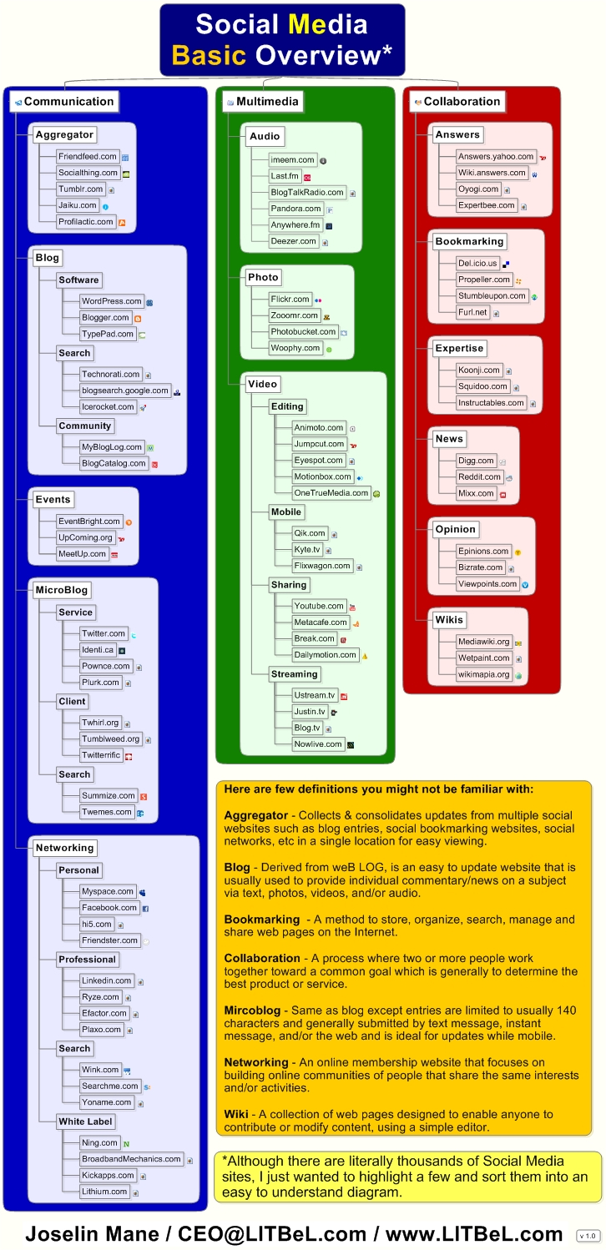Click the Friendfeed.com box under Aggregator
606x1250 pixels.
coord(88,157)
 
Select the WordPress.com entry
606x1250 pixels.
coord(112,301)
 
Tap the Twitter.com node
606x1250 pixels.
coord(104,633)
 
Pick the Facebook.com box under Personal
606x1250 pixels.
coord(109,908)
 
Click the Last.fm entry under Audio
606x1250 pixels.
coord(285,176)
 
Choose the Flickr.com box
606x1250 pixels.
coord(290,300)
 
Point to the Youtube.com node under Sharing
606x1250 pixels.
coord(319,606)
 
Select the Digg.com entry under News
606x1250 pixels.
coord(476,461)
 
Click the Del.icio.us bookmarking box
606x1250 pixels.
coord(477,264)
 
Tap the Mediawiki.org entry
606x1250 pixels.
coord(483,642)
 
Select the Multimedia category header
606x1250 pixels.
coord(262,102)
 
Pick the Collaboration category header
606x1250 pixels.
coord(457,102)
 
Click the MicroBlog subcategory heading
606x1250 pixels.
coord(62,591)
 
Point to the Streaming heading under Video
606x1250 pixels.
coord(294,674)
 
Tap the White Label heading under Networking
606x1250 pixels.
coord(85,1121)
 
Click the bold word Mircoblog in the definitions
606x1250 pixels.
coord(252,1011)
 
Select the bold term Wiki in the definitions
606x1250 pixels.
coord(236,1114)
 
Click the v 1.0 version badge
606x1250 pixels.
coord(588,1236)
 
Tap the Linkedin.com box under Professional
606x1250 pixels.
coord(106,981)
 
